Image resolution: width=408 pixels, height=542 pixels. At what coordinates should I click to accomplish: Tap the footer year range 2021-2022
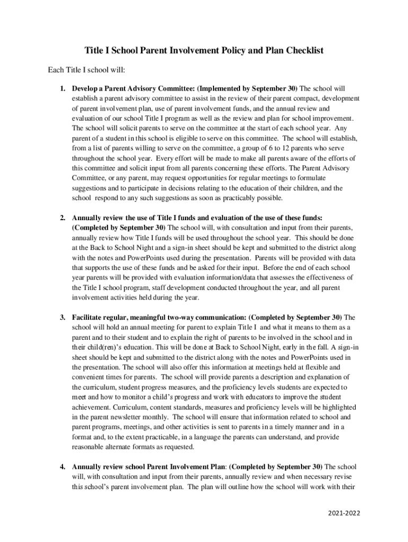[344, 513]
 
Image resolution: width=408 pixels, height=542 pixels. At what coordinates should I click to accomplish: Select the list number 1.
[62, 88]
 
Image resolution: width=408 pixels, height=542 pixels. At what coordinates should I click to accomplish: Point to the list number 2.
[62, 218]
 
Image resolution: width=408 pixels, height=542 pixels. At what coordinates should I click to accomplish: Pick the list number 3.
[62, 318]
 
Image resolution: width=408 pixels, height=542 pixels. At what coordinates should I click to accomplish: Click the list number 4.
[62, 467]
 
